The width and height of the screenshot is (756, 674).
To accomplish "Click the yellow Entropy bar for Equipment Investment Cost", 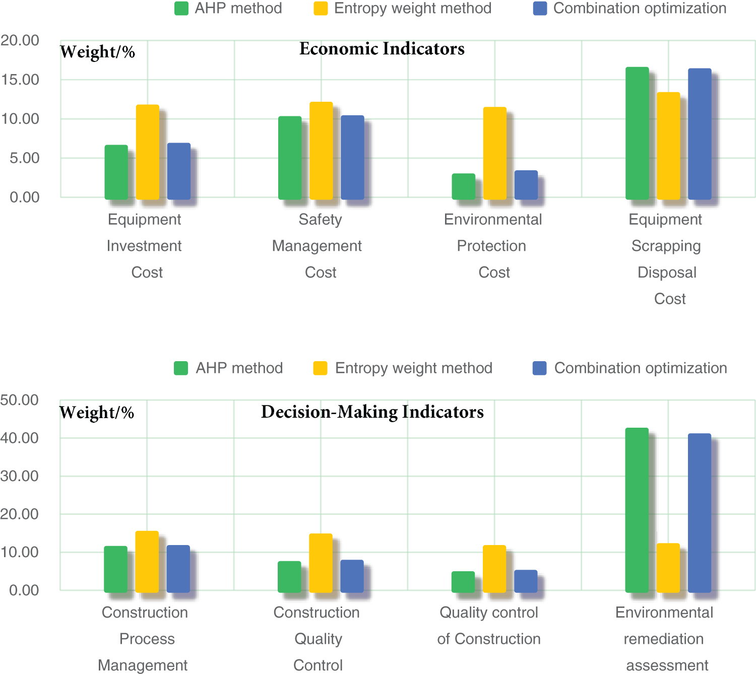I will pos(148,152).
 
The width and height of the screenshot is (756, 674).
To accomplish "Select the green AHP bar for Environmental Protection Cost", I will pos(464,186).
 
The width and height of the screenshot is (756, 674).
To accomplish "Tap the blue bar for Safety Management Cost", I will pos(352,157).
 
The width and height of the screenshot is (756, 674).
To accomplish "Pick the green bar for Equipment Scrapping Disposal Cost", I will pos(637,133).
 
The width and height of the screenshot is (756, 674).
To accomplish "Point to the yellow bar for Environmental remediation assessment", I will pos(668,568).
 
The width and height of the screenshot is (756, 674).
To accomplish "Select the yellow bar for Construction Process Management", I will pos(147,562).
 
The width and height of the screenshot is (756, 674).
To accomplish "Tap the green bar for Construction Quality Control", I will pos(289,577).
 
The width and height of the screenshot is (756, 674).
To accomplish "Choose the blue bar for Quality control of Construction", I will pos(526,581).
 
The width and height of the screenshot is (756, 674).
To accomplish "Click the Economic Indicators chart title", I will pos(382,49).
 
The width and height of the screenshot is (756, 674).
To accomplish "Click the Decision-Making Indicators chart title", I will pos(372,412).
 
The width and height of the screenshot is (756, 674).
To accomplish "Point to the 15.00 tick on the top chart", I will pos(20,80).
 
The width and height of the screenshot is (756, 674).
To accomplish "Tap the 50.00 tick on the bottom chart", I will pos(20,400).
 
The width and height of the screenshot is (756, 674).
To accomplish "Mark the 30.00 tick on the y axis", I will pos(20,476).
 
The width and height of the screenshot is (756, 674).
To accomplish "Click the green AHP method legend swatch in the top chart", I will pos(181,9).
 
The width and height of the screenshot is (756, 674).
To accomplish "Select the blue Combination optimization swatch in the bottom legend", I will pos(539,368).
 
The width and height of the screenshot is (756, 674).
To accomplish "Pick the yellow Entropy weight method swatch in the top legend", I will pos(321,9).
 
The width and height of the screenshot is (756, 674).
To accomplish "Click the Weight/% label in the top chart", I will pos(98,52).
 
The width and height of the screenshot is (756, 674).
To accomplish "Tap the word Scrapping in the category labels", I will pos(666,246).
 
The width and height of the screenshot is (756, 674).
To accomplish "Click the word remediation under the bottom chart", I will pos(663,639).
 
